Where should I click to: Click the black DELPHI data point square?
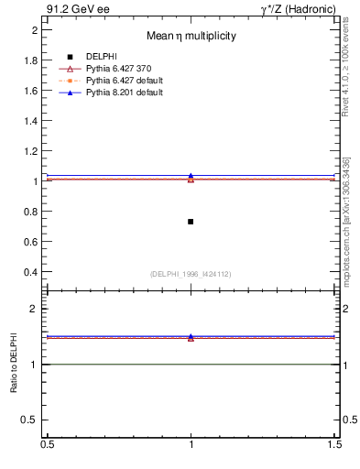[x=191, y=222]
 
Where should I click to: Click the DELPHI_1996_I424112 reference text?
[x=191, y=274]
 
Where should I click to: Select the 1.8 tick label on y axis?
[x=31, y=60]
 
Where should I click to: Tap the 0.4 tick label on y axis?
[x=31, y=272]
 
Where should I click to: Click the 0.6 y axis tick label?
[x=31, y=242]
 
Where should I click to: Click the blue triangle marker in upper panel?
[x=191, y=176]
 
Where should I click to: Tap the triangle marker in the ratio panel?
[x=191, y=337]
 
